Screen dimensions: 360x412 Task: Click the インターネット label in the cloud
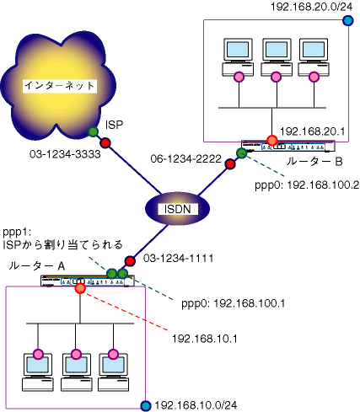coord(60,86)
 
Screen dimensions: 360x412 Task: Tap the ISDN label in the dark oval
coord(177,209)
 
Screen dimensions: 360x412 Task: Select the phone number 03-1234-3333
coord(65,154)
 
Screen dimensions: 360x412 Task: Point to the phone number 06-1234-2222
coord(185,159)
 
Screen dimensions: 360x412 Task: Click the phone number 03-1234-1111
coord(178,259)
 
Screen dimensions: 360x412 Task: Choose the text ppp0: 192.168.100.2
coord(307,185)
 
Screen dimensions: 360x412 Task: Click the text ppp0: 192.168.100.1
coord(234,303)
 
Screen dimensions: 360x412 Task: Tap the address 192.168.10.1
coord(205,339)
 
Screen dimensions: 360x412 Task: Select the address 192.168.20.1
coord(312,131)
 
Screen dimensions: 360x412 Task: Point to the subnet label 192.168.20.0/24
coord(311,7)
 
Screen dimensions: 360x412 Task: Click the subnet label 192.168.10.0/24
coord(196,405)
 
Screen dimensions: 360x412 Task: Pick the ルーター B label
coord(314,162)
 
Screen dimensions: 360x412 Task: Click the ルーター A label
coord(37,265)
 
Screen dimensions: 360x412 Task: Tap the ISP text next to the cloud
coord(114,125)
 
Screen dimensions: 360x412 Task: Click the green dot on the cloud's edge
coord(93,131)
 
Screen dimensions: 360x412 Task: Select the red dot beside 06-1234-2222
coord(230,164)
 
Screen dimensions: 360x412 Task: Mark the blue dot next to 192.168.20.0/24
coord(348,20)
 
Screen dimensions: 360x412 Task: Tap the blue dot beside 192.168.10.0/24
coord(146,405)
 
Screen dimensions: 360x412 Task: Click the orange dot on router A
coord(80,288)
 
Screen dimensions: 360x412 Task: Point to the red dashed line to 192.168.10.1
coord(126,312)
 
